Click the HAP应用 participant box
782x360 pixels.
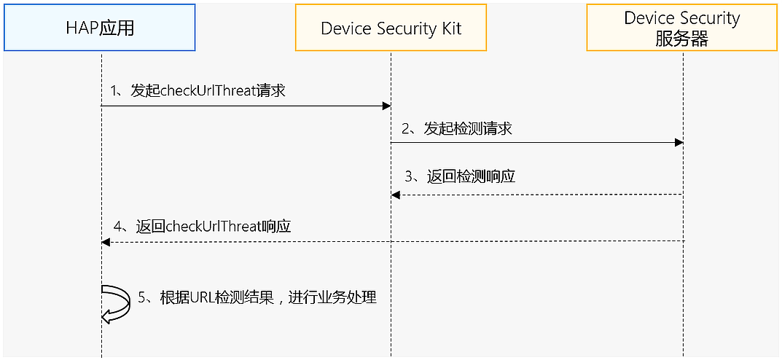(x=100, y=28)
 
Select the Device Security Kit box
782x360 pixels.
(x=391, y=28)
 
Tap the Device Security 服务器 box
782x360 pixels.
(x=681, y=28)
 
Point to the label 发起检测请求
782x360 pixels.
(x=467, y=129)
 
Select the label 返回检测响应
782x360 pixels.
(x=470, y=176)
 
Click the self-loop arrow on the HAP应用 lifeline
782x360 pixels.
(x=114, y=303)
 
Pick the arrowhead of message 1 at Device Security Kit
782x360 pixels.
(x=387, y=106)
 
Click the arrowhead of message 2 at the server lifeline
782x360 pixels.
(x=679, y=143)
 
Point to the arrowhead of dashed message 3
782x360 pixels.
(x=396, y=195)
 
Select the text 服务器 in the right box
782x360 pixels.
(x=681, y=39)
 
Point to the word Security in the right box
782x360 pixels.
(x=709, y=18)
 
